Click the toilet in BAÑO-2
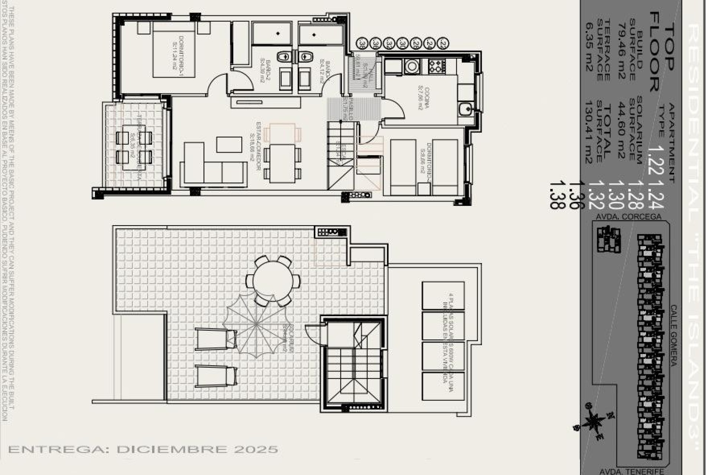pyautogui.click(x=284, y=56)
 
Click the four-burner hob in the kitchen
pyautogui.click(x=436, y=66)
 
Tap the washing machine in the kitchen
pyautogui.click(x=412, y=66)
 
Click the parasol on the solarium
pyautogui.click(x=256, y=325)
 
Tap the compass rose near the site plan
pyautogui.click(x=594, y=422)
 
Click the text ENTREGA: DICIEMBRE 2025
pyautogui.click(x=143, y=449)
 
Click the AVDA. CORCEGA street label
pyautogui.click(x=628, y=216)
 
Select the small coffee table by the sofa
pyautogui.click(x=229, y=144)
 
